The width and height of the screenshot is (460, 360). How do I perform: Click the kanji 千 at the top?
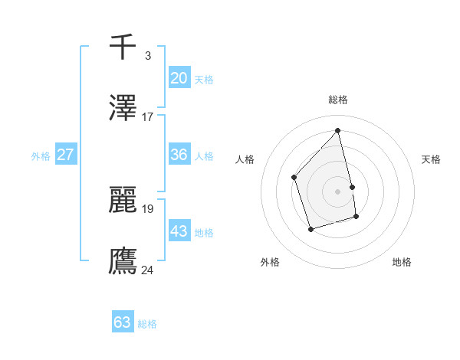pyautogui.click(x=123, y=47)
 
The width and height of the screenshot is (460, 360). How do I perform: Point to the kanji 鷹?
pyautogui.click(x=123, y=260)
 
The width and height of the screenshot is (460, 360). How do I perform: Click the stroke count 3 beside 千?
pyautogui.click(x=147, y=56)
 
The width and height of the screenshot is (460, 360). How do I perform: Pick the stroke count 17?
pyautogui.click(x=147, y=117)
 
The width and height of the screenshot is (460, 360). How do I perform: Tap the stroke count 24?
pyautogui.click(x=148, y=270)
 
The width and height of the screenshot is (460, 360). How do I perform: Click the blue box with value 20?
pyautogui.click(x=179, y=77)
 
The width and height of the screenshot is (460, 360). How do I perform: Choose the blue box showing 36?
pyautogui.click(x=179, y=155)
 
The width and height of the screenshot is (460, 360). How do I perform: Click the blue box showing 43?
pyautogui.click(x=179, y=231)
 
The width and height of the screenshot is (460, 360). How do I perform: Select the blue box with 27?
pyautogui.click(x=65, y=155)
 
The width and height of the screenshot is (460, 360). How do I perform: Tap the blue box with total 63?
pyautogui.click(x=123, y=322)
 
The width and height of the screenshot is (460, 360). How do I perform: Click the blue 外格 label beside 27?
pyautogui.click(x=41, y=156)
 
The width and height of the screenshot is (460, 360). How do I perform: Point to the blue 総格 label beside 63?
pyautogui.click(x=147, y=324)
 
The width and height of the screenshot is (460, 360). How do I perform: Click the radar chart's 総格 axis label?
pyautogui.click(x=338, y=100)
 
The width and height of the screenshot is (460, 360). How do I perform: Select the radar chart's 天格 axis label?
pyautogui.click(x=432, y=159)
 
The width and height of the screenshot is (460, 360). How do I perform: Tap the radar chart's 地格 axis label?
pyautogui.click(x=402, y=263)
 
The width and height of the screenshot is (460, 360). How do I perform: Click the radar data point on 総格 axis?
pyautogui.click(x=338, y=130)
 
